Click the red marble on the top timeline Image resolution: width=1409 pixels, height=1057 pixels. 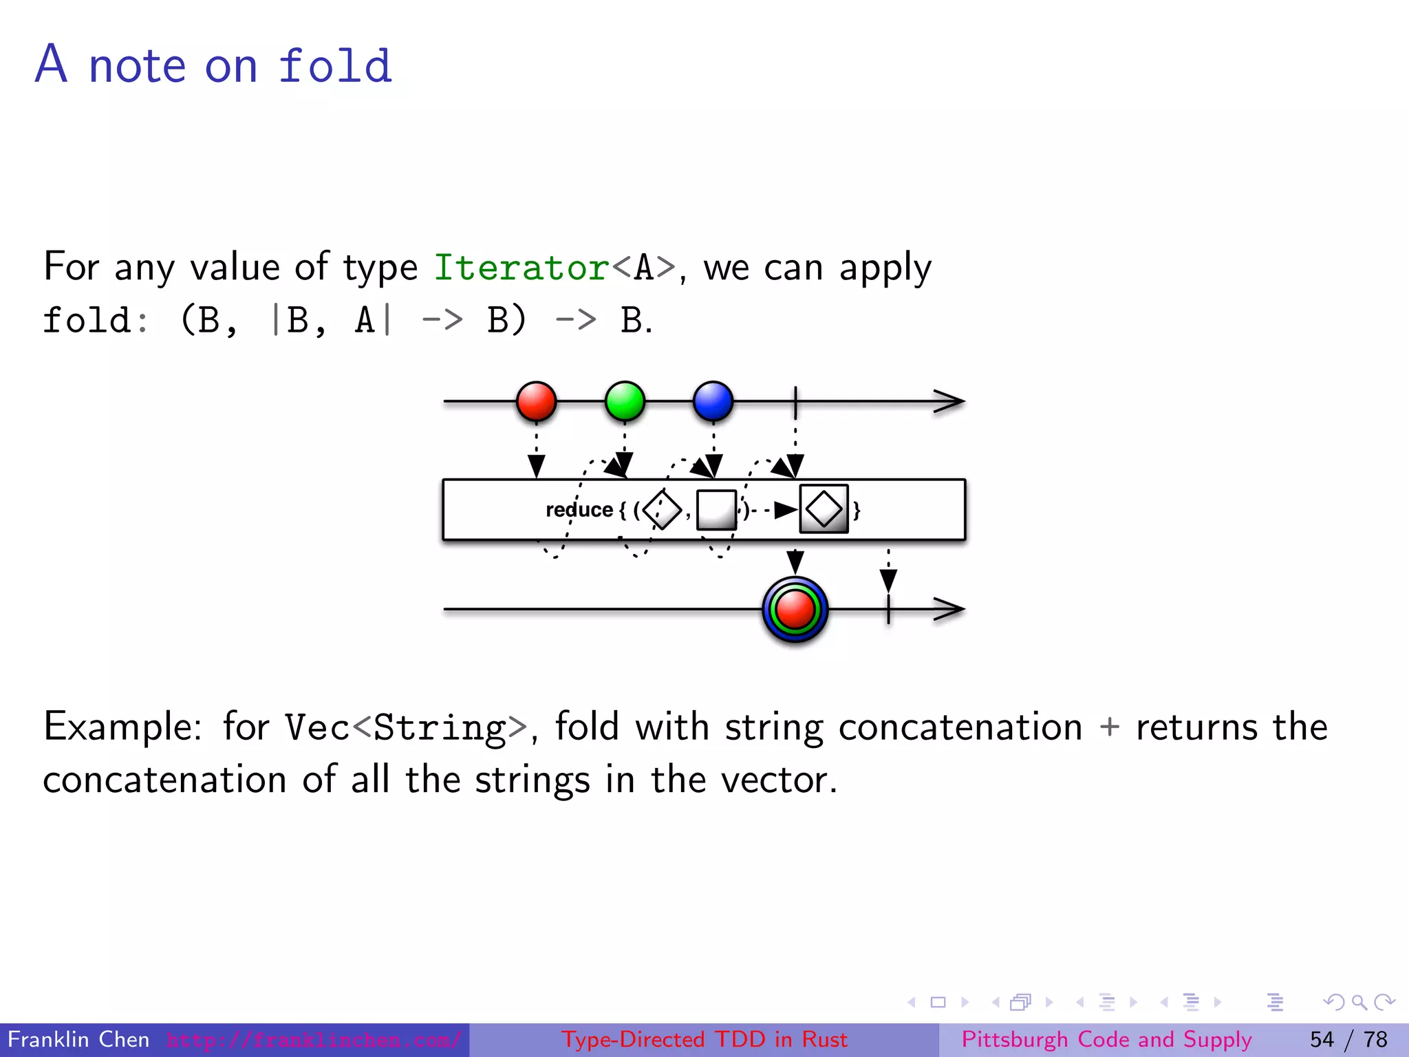click(x=536, y=401)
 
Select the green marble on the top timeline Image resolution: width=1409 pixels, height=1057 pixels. click(x=625, y=401)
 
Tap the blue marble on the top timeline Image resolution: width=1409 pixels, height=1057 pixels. click(x=713, y=401)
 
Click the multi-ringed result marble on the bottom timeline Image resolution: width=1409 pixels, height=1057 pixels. click(x=795, y=610)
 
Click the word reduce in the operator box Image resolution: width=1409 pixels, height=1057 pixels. click(x=579, y=510)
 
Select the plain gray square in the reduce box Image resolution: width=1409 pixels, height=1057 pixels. click(x=716, y=510)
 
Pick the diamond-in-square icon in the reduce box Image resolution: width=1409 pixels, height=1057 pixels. click(x=824, y=510)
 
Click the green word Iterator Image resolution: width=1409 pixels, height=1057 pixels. click(x=521, y=268)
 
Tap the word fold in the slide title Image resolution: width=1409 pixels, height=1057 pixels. click(x=335, y=67)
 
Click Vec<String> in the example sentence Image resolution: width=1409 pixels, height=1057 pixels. click(x=406, y=728)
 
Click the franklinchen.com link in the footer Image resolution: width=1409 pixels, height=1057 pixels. click(x=314, y=1039)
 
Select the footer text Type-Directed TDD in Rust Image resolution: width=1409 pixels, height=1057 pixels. click(x=704, y=1039)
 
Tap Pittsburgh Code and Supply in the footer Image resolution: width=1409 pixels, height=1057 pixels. click(x=1106, y=1039)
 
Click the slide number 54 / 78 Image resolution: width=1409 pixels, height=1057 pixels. click(x=1348, y=1039)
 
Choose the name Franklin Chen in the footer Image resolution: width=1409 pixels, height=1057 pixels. click(x=78, y=1039)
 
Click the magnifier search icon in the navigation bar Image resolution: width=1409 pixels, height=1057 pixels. click(x=1359, y=1003)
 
